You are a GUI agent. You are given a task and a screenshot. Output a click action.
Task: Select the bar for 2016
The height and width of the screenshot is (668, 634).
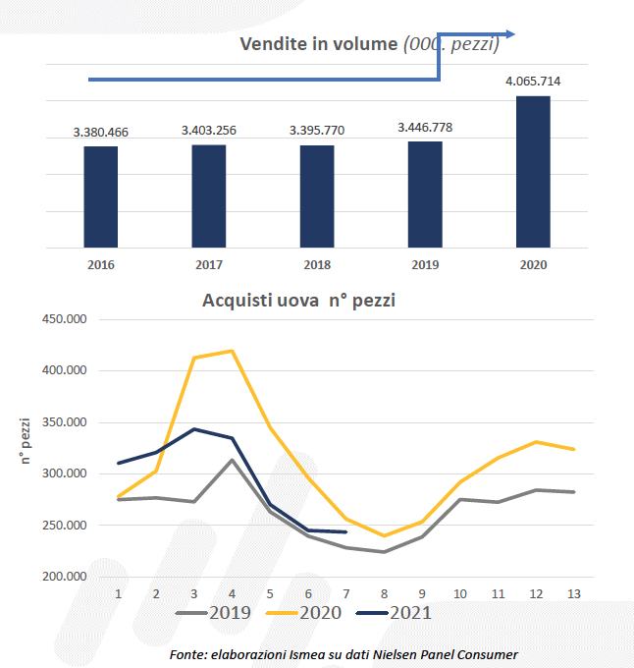tap(100, 196)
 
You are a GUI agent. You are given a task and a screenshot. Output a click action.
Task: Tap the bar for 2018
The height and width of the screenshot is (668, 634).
tap(317, 196)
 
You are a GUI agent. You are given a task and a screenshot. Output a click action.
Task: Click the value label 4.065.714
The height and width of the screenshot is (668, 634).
tap(533, 82)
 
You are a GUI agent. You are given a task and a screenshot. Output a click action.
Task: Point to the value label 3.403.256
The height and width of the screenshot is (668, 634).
tap(208, 130)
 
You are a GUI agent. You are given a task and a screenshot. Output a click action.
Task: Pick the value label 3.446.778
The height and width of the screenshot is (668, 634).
tap(425, 127)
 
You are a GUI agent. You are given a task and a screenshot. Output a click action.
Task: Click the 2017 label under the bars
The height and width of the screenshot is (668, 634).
tap(208, 265)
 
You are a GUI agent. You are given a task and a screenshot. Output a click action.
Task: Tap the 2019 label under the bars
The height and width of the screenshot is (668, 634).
tap(425, 265)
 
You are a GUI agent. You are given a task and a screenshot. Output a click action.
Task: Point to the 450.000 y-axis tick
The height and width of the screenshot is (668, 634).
tap(62, 319)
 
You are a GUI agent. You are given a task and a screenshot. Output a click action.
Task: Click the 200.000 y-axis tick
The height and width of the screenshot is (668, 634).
tap(62, 577)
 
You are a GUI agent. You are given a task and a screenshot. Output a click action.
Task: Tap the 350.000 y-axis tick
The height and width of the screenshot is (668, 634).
tap(62, 422)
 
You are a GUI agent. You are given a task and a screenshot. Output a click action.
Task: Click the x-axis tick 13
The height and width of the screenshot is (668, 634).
tap(573, 594)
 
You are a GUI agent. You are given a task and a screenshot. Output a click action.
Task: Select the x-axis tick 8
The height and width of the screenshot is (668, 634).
tap(384, 594)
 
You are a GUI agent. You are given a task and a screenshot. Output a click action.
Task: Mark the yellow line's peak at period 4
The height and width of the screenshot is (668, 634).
tap(233, 351)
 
